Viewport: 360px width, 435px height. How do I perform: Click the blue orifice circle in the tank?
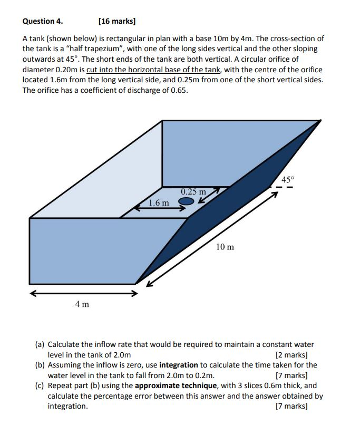[x=186, y=201]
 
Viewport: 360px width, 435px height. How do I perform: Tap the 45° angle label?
[x=287, y=179]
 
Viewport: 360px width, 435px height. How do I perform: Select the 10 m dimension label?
[x=225, y=247]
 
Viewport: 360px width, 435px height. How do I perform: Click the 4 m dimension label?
[x=82, y=304]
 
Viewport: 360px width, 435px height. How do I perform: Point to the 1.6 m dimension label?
[x=159, y=202]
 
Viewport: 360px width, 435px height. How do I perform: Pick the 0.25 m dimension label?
[x=193, y=191]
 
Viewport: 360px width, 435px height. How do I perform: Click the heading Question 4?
[x=43, y=22]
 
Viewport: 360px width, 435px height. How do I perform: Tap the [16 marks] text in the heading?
[x=117, y=22]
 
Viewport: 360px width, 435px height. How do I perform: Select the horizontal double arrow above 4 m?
[x=83, y=293]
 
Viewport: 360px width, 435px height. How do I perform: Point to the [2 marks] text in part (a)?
[x=291, y=355]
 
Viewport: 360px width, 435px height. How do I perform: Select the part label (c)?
[x=40, y=385]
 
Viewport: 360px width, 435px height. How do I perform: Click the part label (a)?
[x=40, y=344]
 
